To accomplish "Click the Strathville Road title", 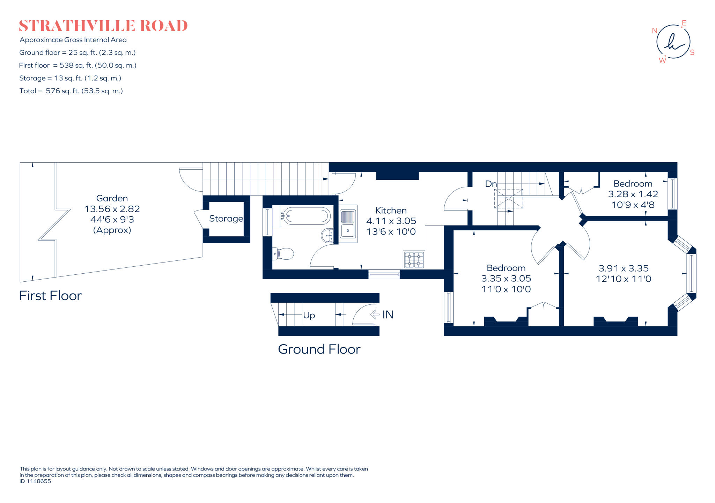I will (x=103, y=26).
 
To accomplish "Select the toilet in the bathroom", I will (x=283, y=254).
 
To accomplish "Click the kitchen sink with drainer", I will (x=348, y=224).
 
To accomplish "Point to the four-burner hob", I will (x=414, y=260).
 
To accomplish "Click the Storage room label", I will (x=226, y=219).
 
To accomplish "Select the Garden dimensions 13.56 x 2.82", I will (x=112, y=209).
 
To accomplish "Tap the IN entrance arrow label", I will (x=388, y=315).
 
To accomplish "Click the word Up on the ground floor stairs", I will (x=309, y=315).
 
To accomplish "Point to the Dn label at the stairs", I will (x=491, y=184).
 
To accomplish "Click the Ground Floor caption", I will (x=319, y=349).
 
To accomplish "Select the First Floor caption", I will (x=50, y=296).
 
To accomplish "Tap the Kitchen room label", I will (x=391, y=210).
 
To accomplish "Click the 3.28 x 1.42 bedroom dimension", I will (x=633, y=194).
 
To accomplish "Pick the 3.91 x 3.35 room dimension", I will (x=624, y=268).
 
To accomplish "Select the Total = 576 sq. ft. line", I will (x=71, y=91).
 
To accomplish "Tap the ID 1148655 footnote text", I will (x=35, y=481).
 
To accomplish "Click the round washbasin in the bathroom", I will (x=327, y=235).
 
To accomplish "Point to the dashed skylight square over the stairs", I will (x=508, y=199).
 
